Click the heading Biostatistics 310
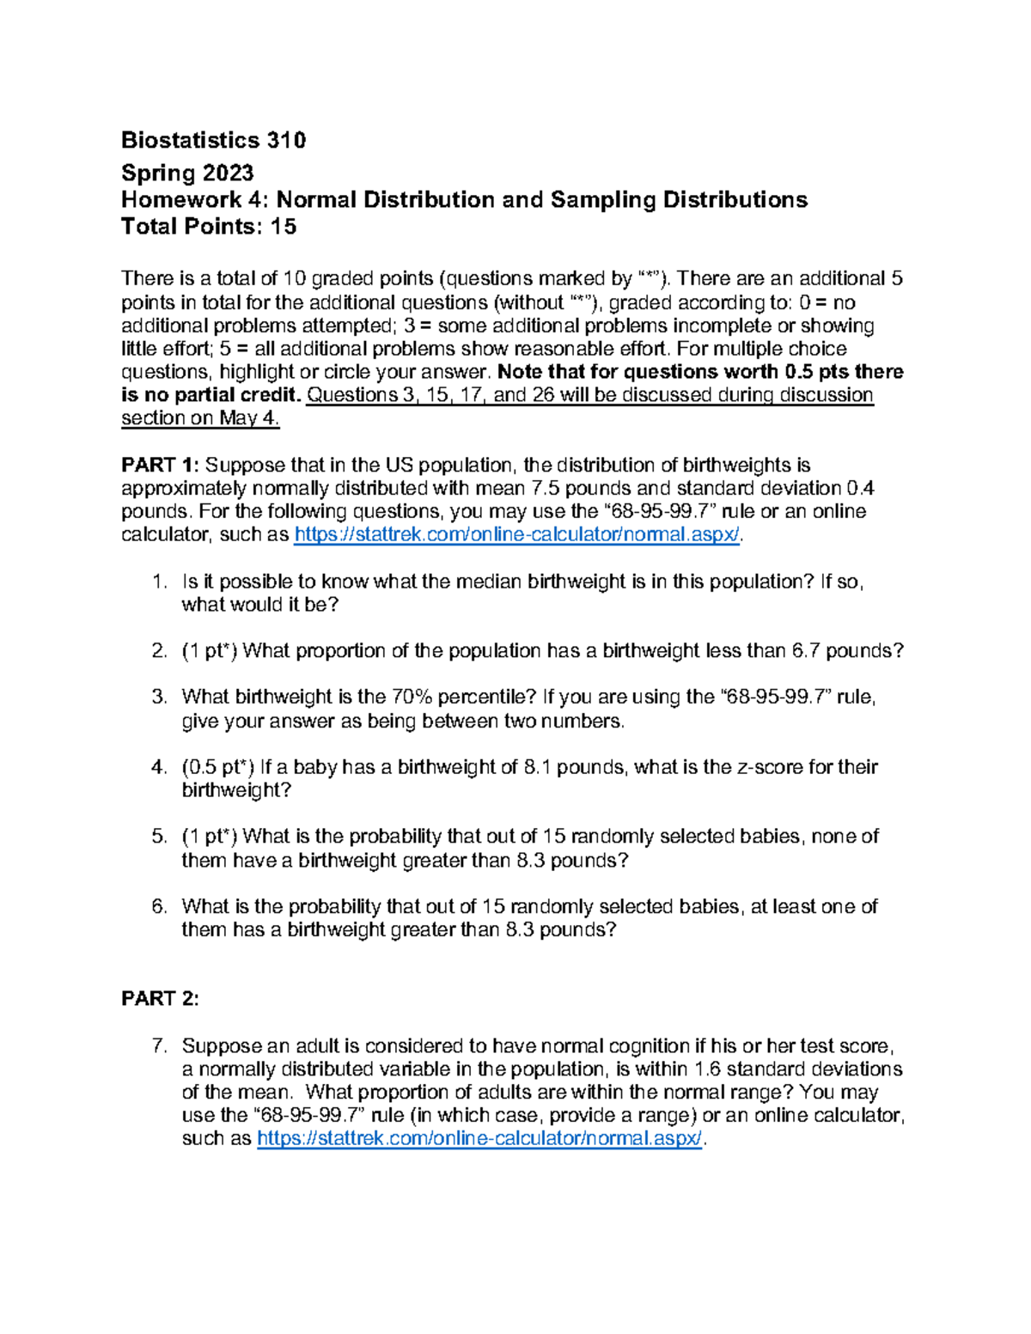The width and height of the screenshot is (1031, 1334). point(213,140)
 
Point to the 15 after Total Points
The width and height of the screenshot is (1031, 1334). point(284,227)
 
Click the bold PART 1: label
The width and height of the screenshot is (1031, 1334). point(161,466)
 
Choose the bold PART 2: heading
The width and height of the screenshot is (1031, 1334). point(161,998)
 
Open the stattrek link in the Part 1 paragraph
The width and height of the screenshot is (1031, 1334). point(515,535)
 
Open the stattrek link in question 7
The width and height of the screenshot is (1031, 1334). point(479,1139)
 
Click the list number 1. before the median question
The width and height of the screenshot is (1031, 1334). point(159,582)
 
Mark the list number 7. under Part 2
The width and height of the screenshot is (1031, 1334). point(159,1046)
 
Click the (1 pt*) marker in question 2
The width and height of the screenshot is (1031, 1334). point(210,651)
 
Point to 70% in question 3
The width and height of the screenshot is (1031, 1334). point(412,697)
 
